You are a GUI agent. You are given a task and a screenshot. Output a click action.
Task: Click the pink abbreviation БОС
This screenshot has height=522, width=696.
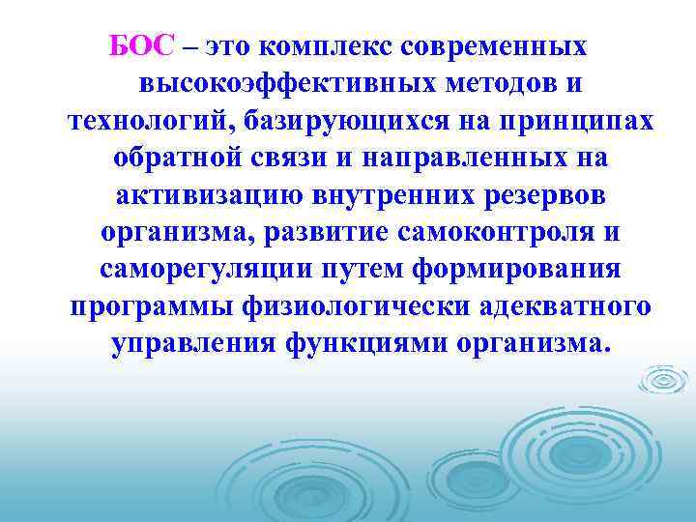(x=143, y=45)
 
